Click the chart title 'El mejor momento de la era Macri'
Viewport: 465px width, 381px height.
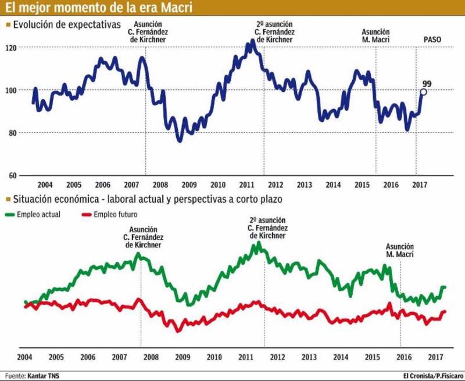coord(98,8)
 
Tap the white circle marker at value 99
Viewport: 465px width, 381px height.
coord(424,92)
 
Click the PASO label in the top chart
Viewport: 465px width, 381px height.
coord(432,39)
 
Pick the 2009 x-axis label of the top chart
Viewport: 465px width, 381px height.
coord(189,185)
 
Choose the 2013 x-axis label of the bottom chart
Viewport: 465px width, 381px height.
coord(309,356)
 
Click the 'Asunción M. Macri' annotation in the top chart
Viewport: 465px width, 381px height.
coord(375,36)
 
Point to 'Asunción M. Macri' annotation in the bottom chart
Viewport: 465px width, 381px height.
coord(400,250)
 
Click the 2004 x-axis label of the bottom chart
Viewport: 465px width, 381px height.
coord(25,356)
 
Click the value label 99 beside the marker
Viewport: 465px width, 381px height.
coord(427,83)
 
